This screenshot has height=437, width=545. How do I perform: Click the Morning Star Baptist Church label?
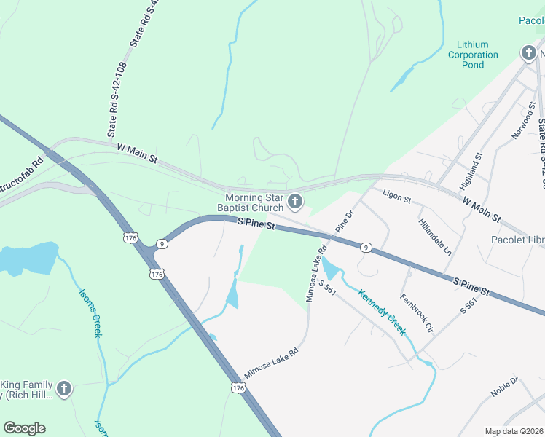coord(254,202)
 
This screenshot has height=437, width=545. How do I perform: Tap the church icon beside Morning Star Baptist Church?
coord(295,201)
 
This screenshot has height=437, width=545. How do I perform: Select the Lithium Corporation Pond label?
coord(473,55)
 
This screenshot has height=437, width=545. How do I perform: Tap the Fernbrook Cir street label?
coord(417,313)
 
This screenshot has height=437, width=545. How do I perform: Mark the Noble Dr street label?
coord(504,387)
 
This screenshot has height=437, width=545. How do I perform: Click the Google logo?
coord(24,428)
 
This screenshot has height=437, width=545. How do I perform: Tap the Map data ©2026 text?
coord(514,431)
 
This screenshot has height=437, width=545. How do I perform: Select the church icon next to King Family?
coord(64,389)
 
